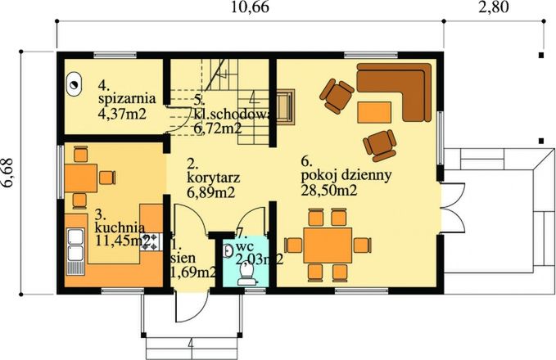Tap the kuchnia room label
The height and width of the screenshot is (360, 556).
(120, 227)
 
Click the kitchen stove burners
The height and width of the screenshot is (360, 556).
(149, 241)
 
